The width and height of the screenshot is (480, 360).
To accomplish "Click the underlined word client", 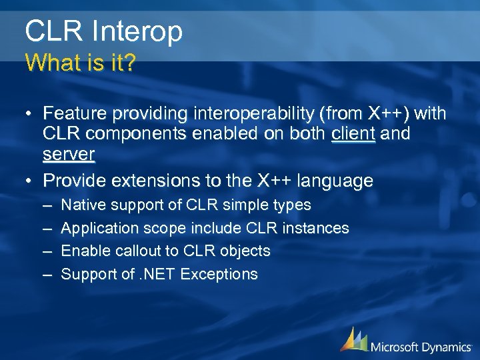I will click(x=353, y=134).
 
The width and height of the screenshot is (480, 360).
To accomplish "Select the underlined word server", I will click(x=69, y=155).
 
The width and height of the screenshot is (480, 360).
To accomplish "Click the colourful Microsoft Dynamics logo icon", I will click(x=353, y=339).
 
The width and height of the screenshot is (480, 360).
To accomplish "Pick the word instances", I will click(x=315, y=228).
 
